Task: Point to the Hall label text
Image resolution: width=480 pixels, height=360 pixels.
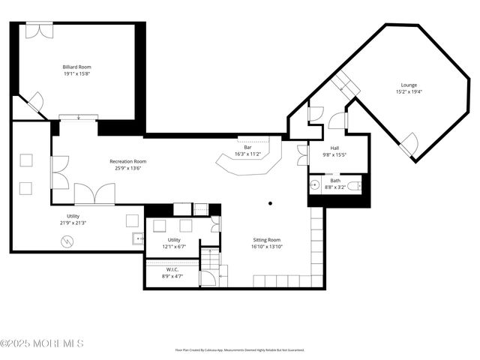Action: pyautogui.click(x=334, y=148)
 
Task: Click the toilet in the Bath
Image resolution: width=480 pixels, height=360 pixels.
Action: pyautogui.click(x=356, y=184)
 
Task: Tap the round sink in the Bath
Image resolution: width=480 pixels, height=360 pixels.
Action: pyautogui.click(x=315, y=184)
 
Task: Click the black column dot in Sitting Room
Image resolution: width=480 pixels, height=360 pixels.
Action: pyautogui.click(x=271, y=202)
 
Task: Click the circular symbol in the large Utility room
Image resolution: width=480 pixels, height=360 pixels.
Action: pyautogui.click(x=67, y=241)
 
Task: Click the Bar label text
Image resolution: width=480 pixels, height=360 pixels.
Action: pyautogui.click(x=247, y=148)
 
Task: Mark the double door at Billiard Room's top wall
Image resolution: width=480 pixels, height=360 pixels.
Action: pyautogui.click(x=36, y=30)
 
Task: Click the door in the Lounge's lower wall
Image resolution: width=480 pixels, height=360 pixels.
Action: pyautogui.click(x=409, y=144)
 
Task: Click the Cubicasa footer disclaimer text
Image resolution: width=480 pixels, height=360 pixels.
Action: pyautogui.click(x=240, y=349)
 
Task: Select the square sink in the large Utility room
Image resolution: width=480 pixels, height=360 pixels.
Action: pyautogui.click(x=138, y=239)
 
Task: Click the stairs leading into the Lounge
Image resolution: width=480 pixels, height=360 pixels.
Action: pyautogui.click(x=346, y=85)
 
